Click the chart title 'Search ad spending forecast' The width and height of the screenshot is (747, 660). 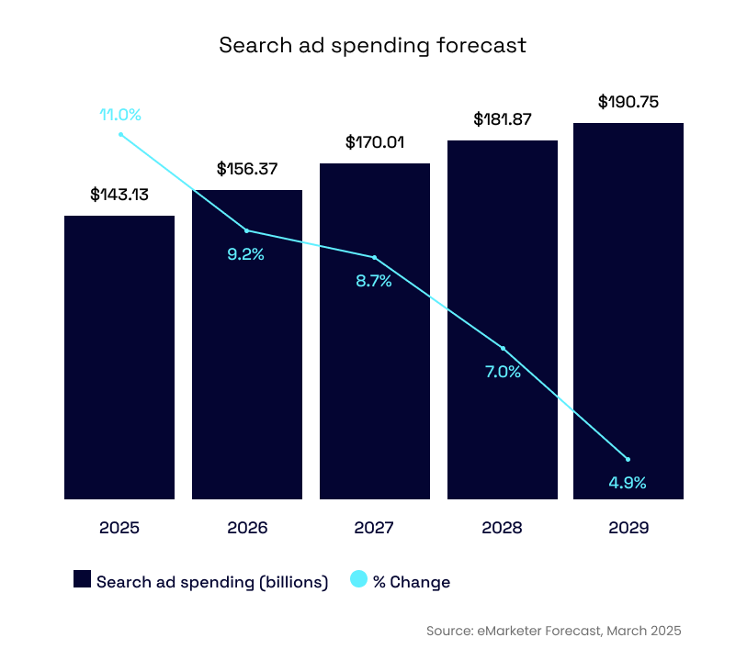[372, 45]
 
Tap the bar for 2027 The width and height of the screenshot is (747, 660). [374, 386]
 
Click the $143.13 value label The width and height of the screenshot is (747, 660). [119, 195]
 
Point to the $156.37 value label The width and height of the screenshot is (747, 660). [247, 169]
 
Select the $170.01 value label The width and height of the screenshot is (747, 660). [375, 142]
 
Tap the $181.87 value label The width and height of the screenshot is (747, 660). [503, 119]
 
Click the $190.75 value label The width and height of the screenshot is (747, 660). [628, 102]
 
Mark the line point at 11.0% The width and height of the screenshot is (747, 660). [120, 134]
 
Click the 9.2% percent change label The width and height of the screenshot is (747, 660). [245, 254]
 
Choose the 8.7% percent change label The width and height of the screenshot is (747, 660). [374, 282]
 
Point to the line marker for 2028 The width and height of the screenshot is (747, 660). [503, 349]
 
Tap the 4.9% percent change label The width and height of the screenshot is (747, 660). [628, 482]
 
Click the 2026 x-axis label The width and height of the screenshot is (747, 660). [247, 528]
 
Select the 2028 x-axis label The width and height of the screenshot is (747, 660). [503, 528]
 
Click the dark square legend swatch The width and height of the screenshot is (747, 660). [83, 579]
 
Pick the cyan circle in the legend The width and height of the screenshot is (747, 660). [359, 579]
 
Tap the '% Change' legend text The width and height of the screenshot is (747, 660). [412, 582]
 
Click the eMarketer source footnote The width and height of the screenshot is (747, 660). [554, 631]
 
